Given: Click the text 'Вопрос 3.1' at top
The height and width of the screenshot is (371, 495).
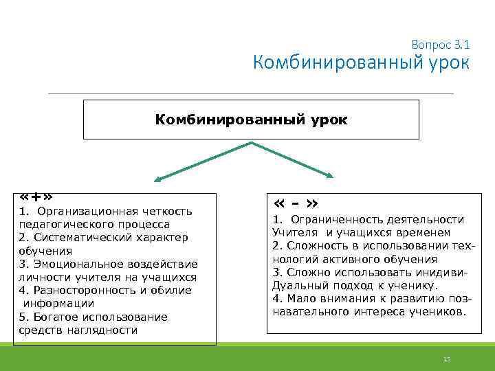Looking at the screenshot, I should pyautogui.click(x=440, y=44).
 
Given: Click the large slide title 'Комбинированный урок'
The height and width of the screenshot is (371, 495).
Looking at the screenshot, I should pyautogui.click(x=361, y=63).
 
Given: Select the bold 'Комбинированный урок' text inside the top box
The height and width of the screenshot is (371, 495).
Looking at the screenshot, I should pyautogui.click(x=251, y=120).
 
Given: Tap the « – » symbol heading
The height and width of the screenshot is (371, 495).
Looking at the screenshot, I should pyautogui.click(x=295, y=204).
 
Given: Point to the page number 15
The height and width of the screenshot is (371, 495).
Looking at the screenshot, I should pyautogui.click(x=446, y=359).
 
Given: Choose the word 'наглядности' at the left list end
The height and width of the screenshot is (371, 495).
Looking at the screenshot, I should pyautogui.click(x=105, y=330).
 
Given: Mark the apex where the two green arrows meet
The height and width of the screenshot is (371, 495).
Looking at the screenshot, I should pyautogui.click(x=252, y=143).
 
